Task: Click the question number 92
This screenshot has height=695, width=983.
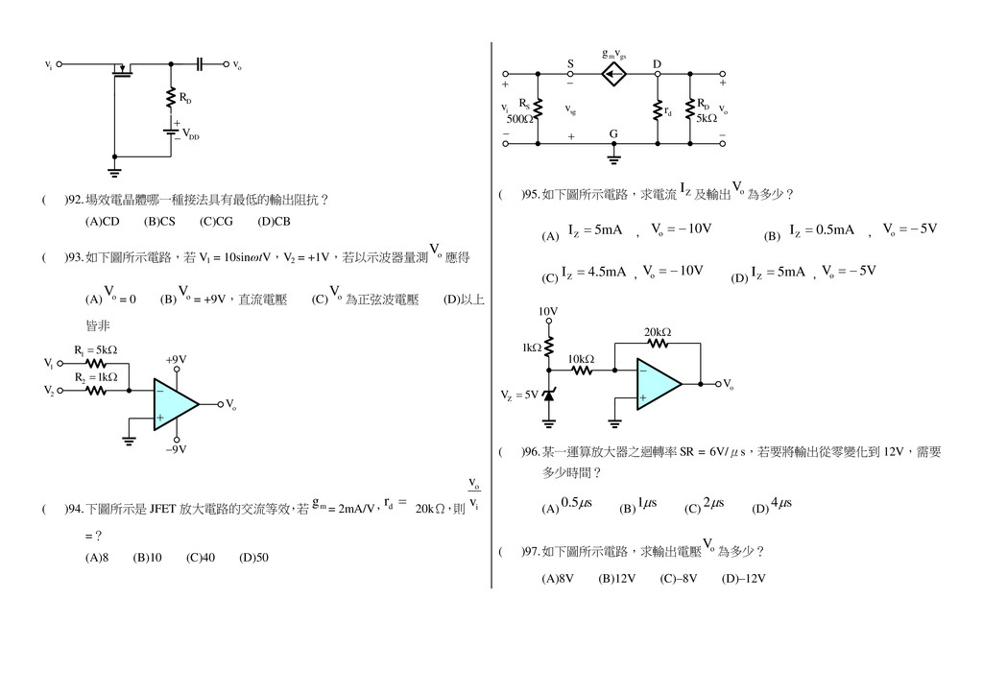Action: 75,200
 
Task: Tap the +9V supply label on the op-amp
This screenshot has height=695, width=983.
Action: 176,359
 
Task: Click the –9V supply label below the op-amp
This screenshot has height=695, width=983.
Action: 176,448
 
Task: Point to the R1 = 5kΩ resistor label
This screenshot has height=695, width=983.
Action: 95,350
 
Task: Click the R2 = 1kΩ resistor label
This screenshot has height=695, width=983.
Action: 95,377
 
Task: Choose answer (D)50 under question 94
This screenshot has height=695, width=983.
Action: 253,557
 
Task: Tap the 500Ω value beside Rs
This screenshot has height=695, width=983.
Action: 519,119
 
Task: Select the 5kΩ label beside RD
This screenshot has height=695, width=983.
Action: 707,119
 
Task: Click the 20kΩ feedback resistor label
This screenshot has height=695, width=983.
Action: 658,332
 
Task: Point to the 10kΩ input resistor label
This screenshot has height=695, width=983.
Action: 581,358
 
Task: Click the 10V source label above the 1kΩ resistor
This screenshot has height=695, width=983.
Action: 547,312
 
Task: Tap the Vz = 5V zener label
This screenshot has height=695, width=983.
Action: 519,395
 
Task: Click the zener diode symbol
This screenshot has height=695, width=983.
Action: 549,395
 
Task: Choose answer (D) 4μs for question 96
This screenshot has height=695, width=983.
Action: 768,505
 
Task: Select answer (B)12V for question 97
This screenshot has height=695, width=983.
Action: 616,578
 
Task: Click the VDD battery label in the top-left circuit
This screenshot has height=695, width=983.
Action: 191,135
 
